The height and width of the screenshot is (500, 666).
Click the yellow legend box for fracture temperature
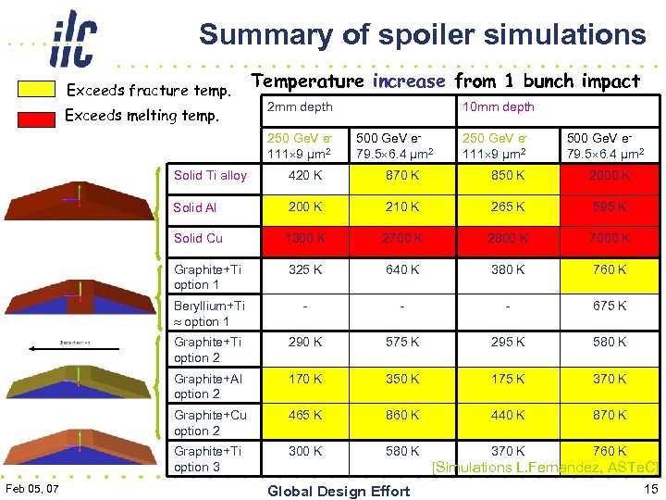tap(38, 90)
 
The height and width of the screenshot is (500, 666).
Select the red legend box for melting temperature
tap(38, 117)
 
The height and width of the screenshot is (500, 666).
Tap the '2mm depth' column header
tap(299, 106)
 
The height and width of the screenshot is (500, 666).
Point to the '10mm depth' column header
tap(498, 106)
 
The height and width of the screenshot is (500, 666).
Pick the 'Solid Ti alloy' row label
tap(210, 175)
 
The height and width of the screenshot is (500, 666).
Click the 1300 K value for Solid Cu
tap(304, 238)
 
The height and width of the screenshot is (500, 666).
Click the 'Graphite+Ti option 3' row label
tap(208, 458)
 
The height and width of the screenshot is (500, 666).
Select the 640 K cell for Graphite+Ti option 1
tap(402, 270)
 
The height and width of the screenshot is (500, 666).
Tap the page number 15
tap(648, 488)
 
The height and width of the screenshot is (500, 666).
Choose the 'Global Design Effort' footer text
tap(338, 491)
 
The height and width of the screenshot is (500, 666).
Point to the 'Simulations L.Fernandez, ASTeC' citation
tap(546, 469)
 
